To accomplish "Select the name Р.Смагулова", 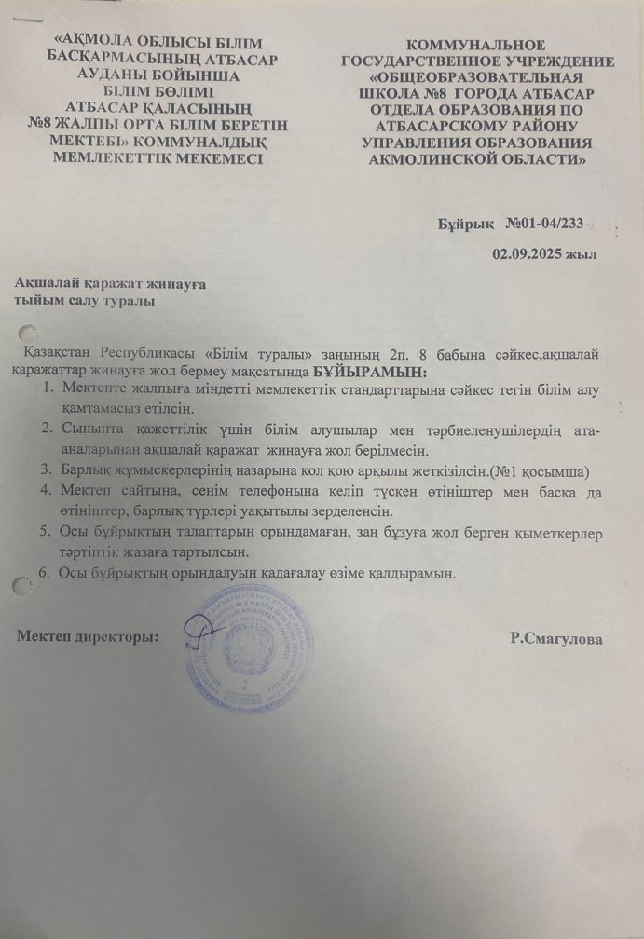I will [555, 639].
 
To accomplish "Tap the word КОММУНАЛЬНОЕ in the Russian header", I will [477, 46].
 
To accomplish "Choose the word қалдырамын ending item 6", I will [409, 573].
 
